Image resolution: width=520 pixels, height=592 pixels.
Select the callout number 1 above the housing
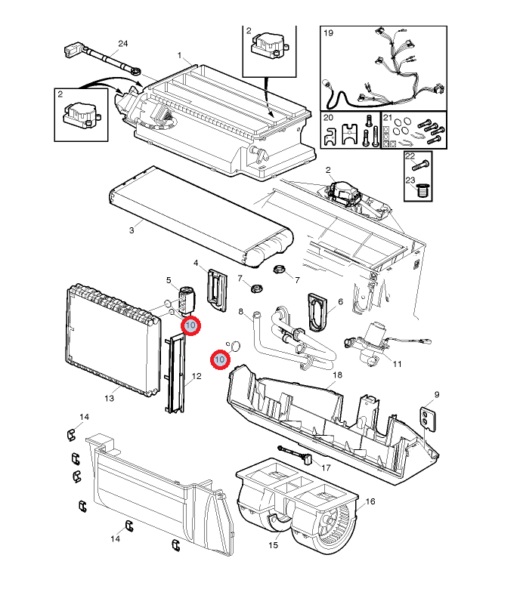click(x=180, y=56)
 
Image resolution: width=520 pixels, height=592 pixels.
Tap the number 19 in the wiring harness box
click(x=329, y=33)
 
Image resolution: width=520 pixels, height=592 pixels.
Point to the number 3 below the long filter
click(x=131, y=230)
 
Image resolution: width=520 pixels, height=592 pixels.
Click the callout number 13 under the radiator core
click(x=109, y=398)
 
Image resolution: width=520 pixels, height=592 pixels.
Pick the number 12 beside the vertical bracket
click(x=197, y=376)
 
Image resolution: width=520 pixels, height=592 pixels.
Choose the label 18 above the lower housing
click(x=337, y=375)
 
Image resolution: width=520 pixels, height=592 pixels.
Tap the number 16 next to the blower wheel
click(x=370, y=501)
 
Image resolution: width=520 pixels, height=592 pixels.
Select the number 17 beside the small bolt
click(x=327, y=467)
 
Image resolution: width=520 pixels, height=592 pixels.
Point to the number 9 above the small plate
click(x=436, y=395)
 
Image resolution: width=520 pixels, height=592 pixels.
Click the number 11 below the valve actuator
click(x=397, y=364)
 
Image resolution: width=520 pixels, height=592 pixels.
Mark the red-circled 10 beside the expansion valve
click(x=190, y=325)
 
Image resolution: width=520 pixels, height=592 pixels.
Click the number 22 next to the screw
click(x=410, y=156)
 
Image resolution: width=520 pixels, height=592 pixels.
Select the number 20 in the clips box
click(x=329, y=119)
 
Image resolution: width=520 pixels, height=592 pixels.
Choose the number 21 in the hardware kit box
click(x=388, y=119)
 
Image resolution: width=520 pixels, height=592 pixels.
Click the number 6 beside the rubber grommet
click(x=340, y=302)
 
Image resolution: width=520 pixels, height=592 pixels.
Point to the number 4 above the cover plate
click(x=197, y=264)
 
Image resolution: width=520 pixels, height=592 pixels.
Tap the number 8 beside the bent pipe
click(x=241, y=311)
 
